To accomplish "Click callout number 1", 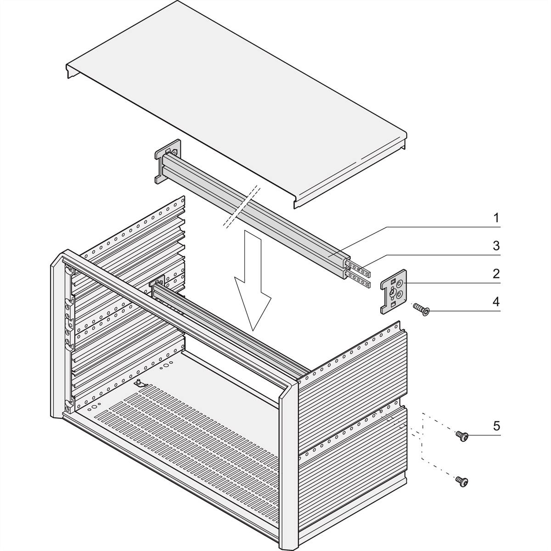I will [x=496, y=218].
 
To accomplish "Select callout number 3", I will [x=496, y=246].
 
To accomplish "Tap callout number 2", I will [x=496, y=274].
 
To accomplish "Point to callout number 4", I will [x=496, y=302].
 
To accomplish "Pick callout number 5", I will [x=496, y=425].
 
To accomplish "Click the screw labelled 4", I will [x=421, y=309].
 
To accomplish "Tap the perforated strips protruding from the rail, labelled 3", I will [x=359, y=274].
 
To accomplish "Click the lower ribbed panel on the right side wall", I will [x=351, y=455].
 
